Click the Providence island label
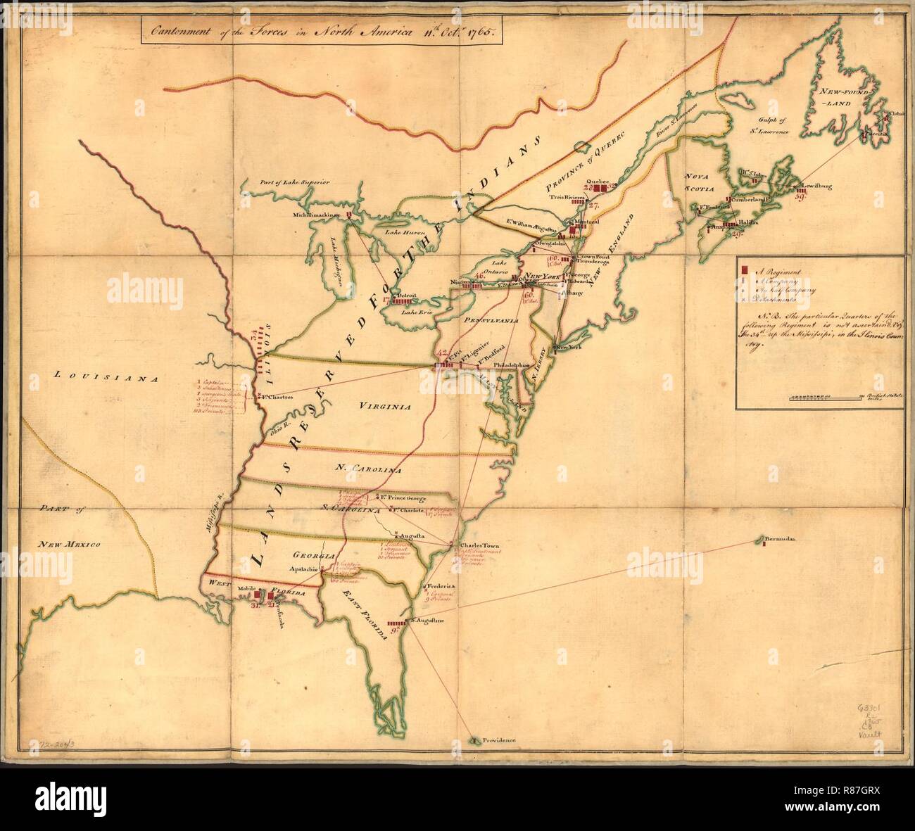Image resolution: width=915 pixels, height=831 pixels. pyautogui.click(x=498, y=740)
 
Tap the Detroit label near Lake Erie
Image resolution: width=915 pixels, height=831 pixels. pyautogui.click(x=411, y=296)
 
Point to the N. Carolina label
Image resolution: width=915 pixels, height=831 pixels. pyautogui.click(x=367, y=469)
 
